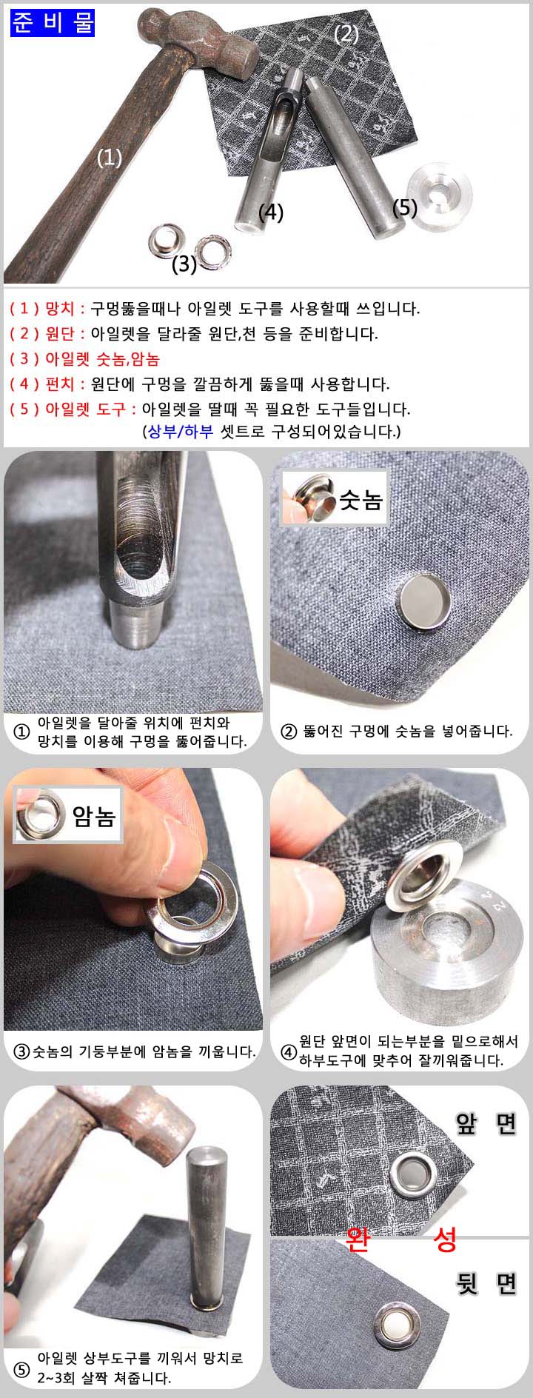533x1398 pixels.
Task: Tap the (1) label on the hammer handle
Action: [x=110, y=158]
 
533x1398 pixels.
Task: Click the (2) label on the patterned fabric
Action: [x=346, y=34]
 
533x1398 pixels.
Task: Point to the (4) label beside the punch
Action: [x=271, y=212]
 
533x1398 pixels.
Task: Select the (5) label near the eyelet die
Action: [x=405, y=207]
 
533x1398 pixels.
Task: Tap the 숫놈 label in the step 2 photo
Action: [x=360, y=501]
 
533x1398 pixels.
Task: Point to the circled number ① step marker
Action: [x=23, y=731]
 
